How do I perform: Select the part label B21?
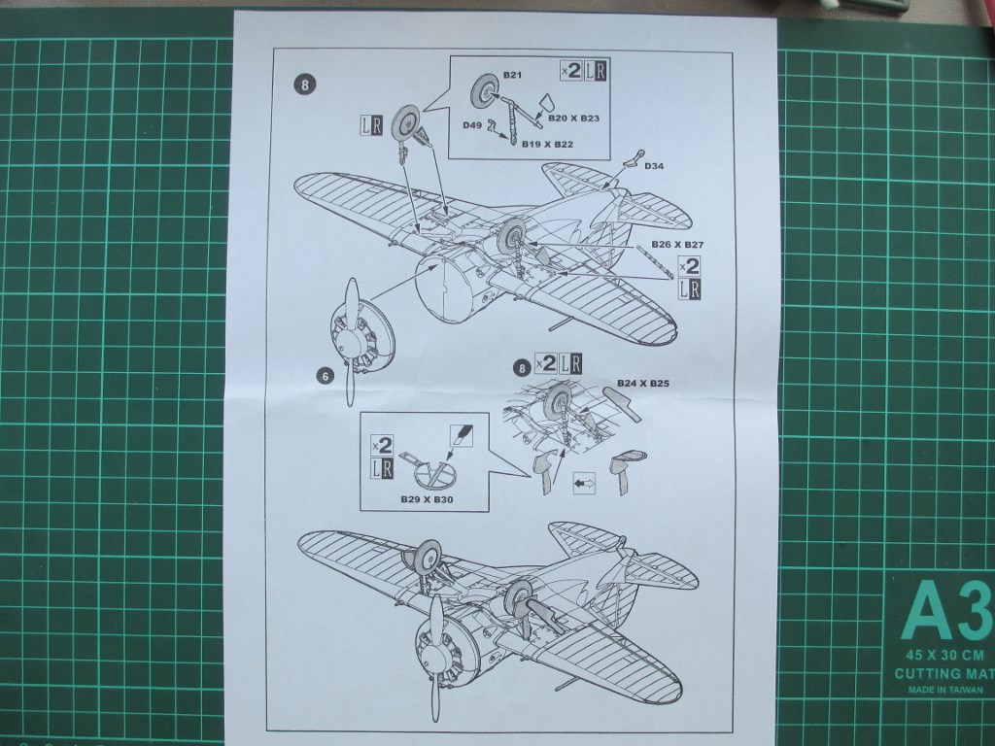pos(513,75)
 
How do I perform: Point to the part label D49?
pos(472,124)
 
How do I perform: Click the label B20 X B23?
pos(573,119)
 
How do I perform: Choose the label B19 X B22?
pos(546,144)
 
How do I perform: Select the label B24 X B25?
pos(643,384)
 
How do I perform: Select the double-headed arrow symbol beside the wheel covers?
pos(585,481)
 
